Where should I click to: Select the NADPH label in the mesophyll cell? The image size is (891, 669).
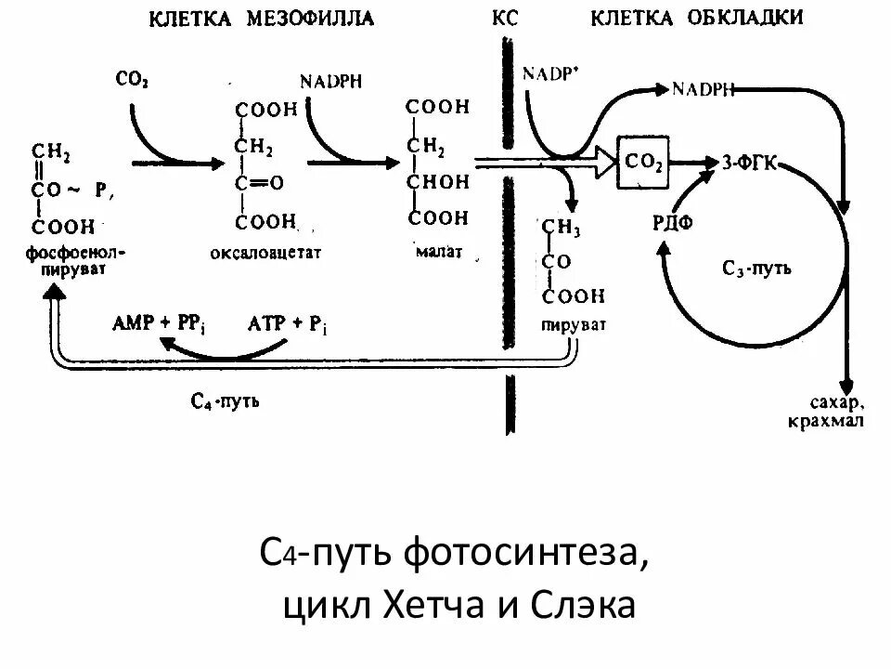(x=330, y=80)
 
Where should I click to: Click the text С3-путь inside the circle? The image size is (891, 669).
(x=756, y=269)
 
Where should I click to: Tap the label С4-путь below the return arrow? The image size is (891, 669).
(x=225, y=401)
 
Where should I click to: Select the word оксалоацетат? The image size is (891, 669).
(x=265, y=253)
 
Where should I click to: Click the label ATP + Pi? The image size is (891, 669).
(x=288, y=323)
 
